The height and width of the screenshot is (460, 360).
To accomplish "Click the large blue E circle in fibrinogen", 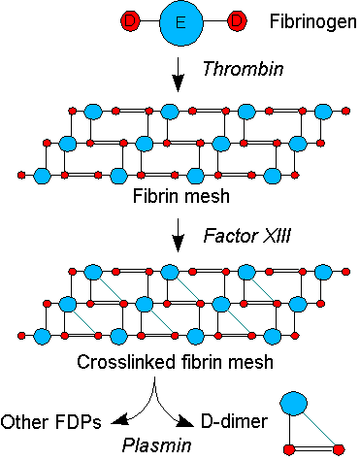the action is tap(181, 22).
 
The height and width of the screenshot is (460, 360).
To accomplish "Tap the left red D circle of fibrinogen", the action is tap(130, 21).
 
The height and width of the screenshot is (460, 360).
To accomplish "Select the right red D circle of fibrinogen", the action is tap(237, 21).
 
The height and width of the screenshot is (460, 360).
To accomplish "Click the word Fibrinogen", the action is tap(312, 22).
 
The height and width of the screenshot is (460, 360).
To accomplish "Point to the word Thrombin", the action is tap(243, 69).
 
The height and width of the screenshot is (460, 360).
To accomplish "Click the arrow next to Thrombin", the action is tap(178, 75).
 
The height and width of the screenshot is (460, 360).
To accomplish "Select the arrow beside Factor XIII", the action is tap(178, 235).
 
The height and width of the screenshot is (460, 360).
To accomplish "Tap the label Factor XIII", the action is tap(247, 236).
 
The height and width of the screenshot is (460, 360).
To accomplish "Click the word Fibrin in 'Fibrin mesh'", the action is tap(153, 196).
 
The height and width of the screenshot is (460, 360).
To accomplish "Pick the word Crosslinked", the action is tap(127, 362).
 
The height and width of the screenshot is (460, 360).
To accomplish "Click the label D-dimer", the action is tap(235, 421).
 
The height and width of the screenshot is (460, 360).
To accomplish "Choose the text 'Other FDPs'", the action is tap(51, 422).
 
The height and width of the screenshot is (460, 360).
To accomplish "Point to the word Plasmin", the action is tap(157, 445).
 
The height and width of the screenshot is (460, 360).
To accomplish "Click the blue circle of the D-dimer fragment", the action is tap(293, 404).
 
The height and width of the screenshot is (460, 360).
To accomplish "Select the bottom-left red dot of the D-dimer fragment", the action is tap(289, 449).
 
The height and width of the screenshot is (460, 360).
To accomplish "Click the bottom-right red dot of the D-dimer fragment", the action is tap(339, 449).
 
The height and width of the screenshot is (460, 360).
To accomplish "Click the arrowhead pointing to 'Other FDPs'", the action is tap(119, 420).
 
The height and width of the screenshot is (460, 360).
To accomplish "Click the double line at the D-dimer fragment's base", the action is tap(313, 449).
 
